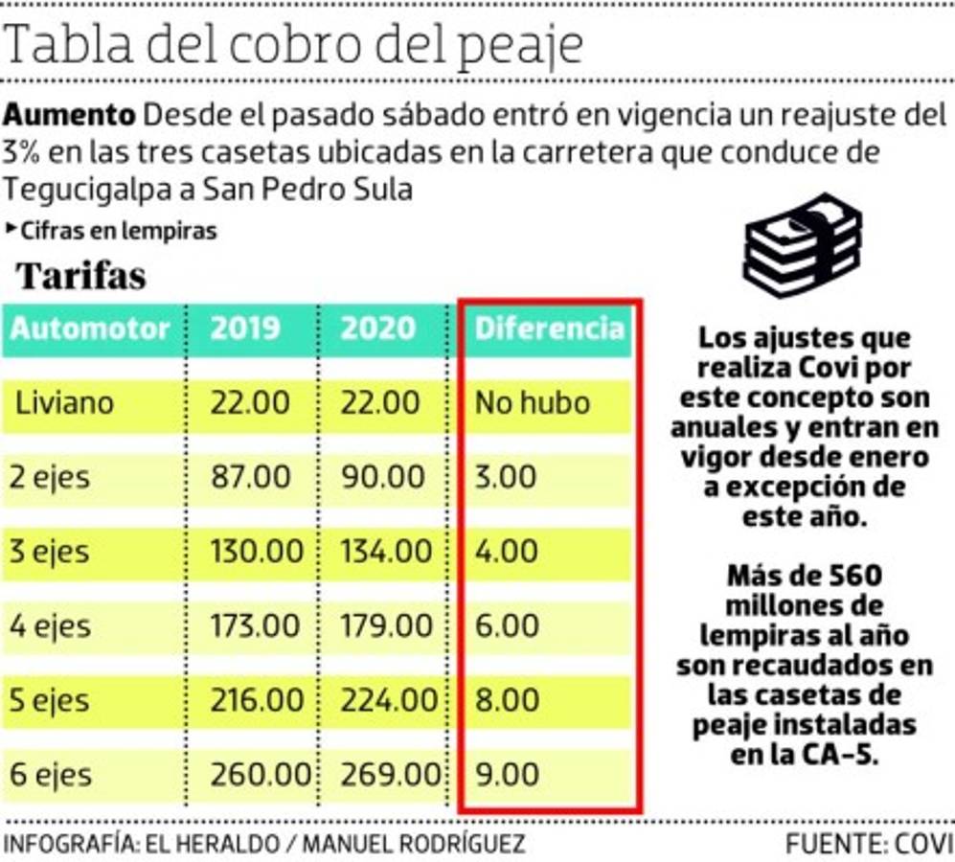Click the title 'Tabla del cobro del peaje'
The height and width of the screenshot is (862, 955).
coord(293,44)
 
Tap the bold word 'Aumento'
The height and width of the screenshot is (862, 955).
coord(69,116)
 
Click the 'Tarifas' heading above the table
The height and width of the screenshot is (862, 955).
coord(81,276)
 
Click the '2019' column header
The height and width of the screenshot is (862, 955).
coord(245,329)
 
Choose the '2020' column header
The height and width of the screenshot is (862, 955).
coord(378,329)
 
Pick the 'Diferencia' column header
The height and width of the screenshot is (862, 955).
coord(550,329)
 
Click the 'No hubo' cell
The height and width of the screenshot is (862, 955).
coord(533,402)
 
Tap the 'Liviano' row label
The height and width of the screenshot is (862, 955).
coord(64,402)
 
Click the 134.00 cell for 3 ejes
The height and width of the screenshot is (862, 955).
coord(386,552)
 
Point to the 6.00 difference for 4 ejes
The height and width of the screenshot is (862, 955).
coord(507,626)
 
